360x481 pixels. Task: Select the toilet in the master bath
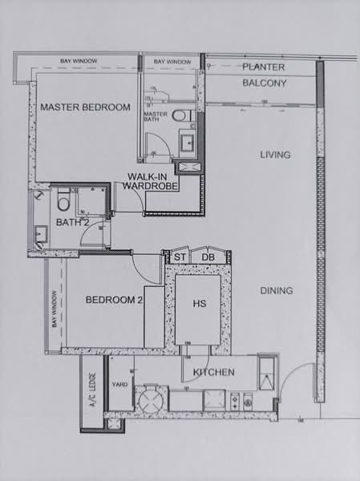click(180, 115)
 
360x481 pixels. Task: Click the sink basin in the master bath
click(186, 143)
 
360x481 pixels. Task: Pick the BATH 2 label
click(72, 222)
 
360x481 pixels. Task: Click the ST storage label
click(179, 257)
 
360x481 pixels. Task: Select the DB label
click(207, 257)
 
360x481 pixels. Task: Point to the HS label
click(200, 305)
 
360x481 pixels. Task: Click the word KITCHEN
click(213, 373)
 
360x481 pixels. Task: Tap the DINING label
click(276, 291)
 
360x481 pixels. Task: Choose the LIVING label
click(275, 155)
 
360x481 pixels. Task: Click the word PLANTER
click(265, 67)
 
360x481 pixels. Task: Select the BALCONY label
click(265, 83)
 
